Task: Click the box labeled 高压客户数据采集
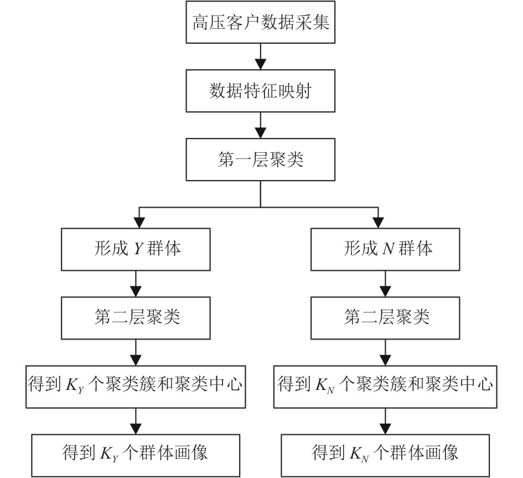tap(260, 22)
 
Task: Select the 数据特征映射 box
tap(260, 91)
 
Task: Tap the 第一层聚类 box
tap(260, 160)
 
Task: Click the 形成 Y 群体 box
tap(136, 249)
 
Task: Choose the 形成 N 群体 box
tap(385, 249)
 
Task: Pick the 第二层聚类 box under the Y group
tap(136, 318)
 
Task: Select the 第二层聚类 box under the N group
tap(385, 318)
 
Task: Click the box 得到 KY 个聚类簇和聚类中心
tap(136, 387)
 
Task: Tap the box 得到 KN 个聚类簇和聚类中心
tap(385, 387)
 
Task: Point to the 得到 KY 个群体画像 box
tap(136, 456)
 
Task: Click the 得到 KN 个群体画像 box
tap(385, 456)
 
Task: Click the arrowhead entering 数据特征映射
tap(260, 64)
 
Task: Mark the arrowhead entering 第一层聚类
tap(260, 133)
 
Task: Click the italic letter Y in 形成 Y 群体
tap(138, 249)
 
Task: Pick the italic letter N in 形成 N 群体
tap(389, 249)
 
